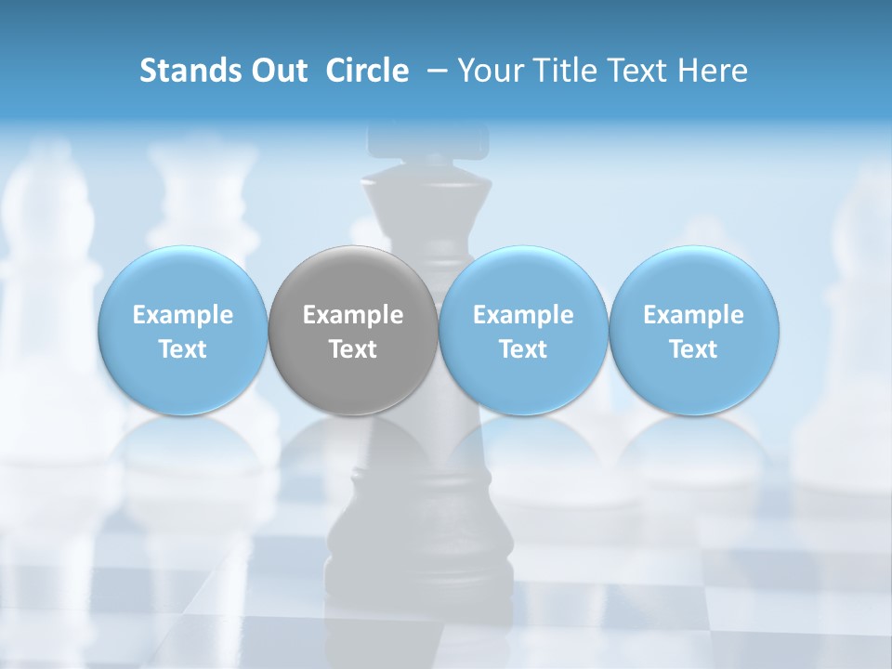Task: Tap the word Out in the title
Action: [276, 71]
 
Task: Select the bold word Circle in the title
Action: [367, 71]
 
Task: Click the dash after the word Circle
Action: [433, 72]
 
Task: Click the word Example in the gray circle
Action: [353, 315]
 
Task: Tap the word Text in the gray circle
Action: [353, 349]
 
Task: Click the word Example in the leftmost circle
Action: [183, 315]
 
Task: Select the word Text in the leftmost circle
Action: [183, 349]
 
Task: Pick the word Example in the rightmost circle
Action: [694, 315]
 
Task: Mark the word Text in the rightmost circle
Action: [694, 349]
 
